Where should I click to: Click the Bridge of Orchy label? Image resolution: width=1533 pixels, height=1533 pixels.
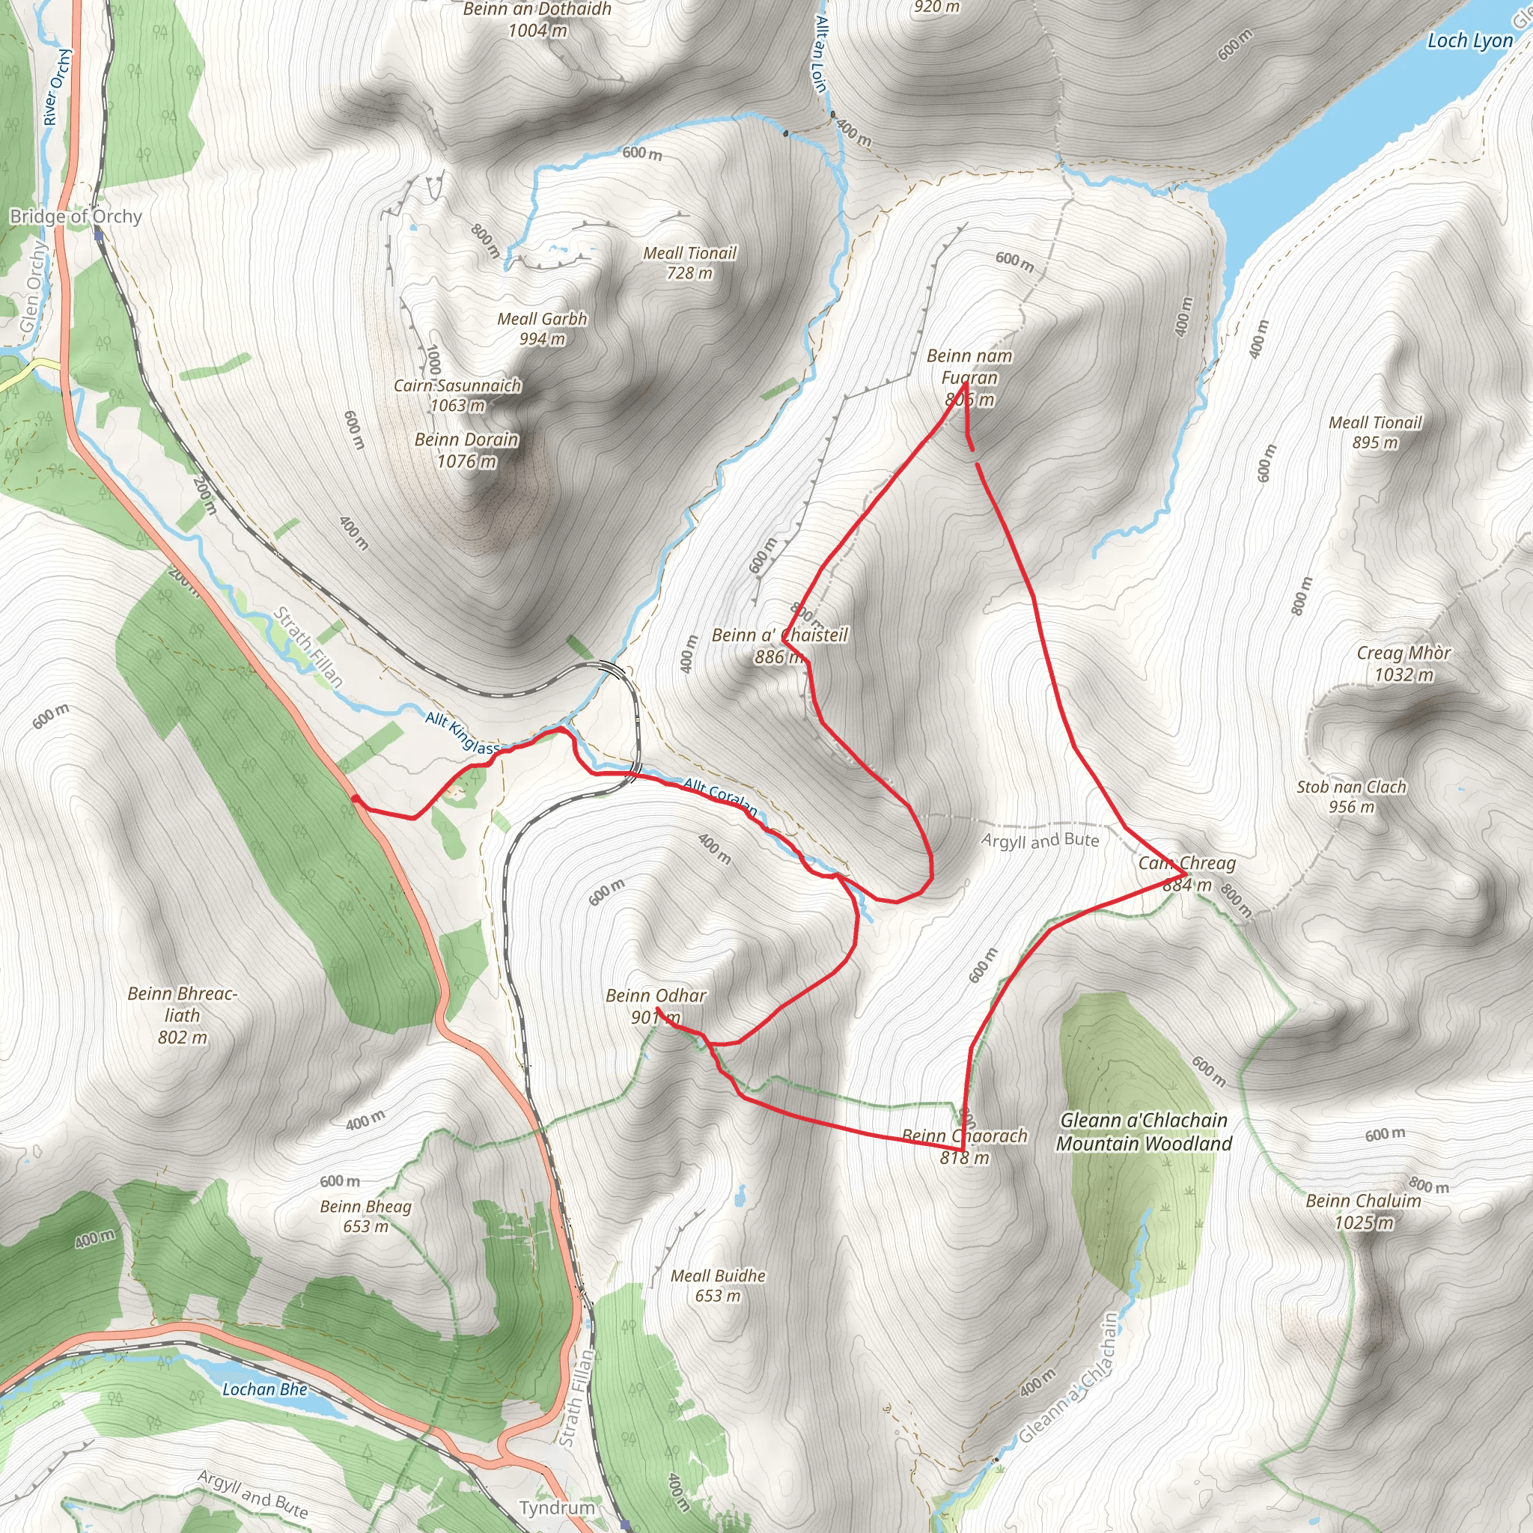(76, 216)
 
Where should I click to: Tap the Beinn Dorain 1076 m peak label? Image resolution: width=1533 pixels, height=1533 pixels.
(466, 450)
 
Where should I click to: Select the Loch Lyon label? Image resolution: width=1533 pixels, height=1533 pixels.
(1469, 40)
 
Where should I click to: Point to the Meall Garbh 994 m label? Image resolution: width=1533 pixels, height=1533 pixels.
(542, 329)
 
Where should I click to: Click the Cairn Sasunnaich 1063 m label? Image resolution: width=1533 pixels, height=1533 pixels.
(458, 395)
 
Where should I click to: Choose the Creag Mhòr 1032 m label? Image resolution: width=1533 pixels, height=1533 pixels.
(1404, 663)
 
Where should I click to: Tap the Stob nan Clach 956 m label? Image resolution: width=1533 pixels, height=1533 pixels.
(1351, 796)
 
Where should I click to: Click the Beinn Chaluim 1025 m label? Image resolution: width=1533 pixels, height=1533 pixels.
(1363, 1211)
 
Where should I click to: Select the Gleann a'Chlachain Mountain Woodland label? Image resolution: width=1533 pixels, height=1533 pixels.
(1145, 1132)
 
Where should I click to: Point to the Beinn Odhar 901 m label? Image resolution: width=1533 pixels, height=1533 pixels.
(656, 1006)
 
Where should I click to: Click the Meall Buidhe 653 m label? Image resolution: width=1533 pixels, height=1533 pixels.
(718, 1285)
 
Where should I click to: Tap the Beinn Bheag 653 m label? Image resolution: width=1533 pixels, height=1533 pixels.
(366, 1216)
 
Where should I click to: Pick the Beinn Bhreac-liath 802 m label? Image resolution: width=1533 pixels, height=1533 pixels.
(183, 1015)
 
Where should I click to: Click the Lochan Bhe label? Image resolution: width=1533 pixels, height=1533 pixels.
(264, 1389)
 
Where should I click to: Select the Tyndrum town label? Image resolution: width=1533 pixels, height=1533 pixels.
(557, 1508)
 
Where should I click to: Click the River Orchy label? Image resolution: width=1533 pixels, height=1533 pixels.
(57, 88)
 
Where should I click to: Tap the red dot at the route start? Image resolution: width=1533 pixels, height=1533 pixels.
(356, 799)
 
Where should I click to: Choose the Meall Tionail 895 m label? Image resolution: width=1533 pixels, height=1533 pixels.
(1375, 433)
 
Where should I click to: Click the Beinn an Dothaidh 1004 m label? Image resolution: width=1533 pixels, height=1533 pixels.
(537, 20)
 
